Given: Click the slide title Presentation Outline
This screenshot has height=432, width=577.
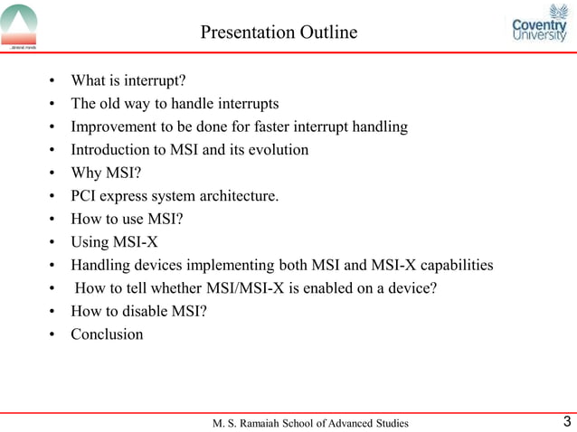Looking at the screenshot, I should (x=279, y=33).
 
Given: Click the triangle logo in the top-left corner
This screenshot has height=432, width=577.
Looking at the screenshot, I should (x=20, y=25).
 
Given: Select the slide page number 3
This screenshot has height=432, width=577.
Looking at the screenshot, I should (x=566, y=421).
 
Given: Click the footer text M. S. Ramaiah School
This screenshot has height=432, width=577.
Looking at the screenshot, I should (x=309, y=423).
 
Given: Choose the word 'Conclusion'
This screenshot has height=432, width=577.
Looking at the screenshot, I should (x=107, y=334).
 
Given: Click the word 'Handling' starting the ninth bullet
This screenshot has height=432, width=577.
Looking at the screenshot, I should (x=101, y=265).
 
